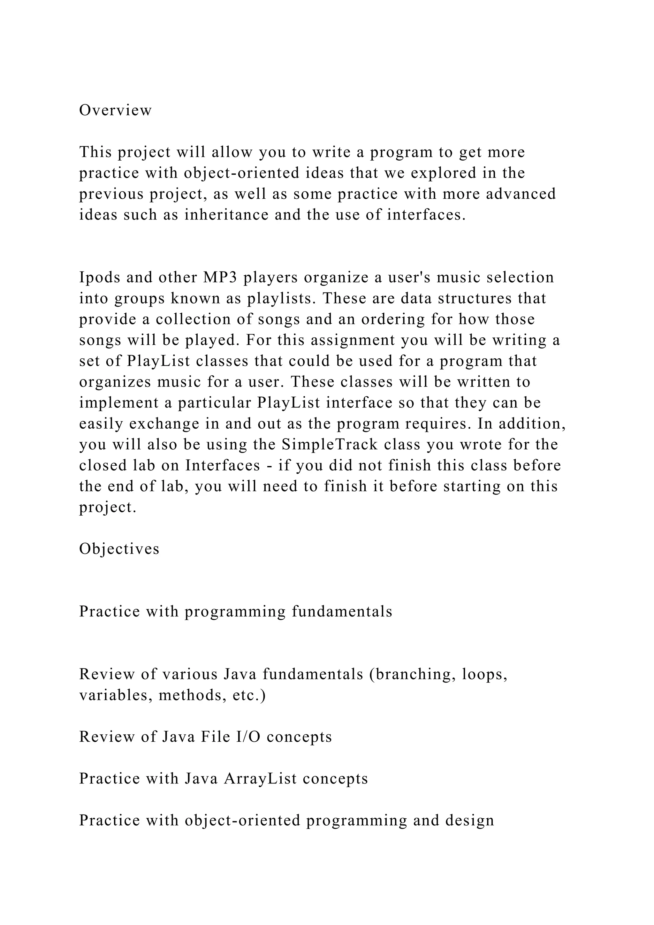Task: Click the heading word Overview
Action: pos(115,111)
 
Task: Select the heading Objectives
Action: pos(119,549)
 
